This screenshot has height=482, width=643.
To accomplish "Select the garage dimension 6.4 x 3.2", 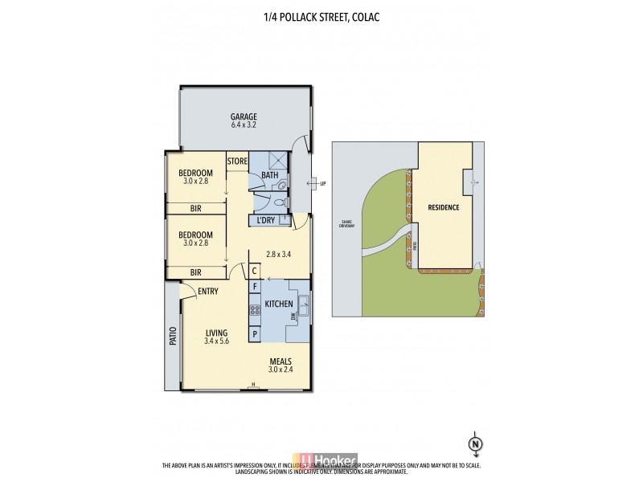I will (243, 125).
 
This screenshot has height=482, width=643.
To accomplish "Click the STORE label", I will (236, 161).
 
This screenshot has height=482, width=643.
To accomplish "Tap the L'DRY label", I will (266, 220).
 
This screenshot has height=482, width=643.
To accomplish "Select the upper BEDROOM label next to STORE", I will (195, 174).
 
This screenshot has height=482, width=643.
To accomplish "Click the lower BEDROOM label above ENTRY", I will (195, 235).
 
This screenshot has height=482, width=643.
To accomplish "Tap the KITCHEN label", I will (278, 305).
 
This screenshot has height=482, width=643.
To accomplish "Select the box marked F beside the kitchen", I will (256, 287).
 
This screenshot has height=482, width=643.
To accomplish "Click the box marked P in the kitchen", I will (256, 332).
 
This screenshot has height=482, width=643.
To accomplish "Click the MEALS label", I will (281, 361).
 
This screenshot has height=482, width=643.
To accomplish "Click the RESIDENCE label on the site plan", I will (443, 207).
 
